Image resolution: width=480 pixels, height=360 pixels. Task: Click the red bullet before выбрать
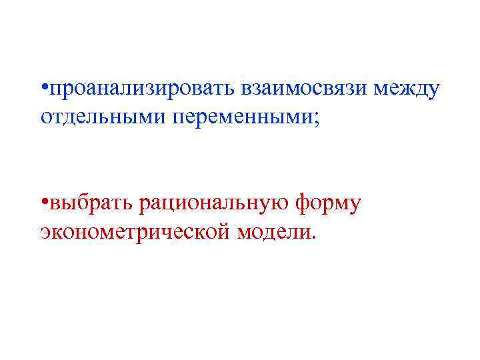pos(43,203)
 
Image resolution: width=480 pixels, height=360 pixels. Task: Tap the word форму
pos(327,203)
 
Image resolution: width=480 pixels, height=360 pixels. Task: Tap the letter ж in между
pos(404,89)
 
